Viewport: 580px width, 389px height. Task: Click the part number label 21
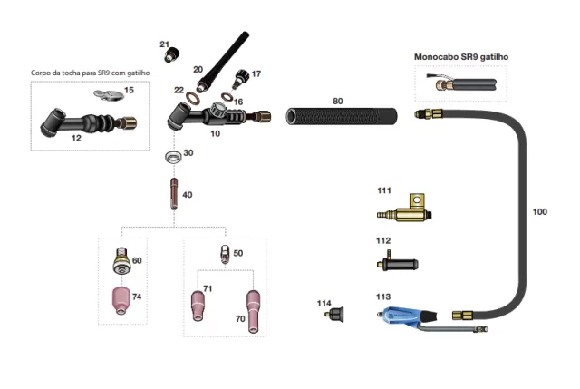[x=164, y=44]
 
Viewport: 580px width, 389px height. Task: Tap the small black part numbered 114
[x=338, y=316]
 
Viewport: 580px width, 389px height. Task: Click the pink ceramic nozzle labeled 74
[x=120, y=300]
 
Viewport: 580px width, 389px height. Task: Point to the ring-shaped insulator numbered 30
[x=170, y=158]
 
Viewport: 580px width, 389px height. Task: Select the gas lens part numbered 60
[x=119, y=261]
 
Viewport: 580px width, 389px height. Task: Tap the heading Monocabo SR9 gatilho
[x=460, y=57]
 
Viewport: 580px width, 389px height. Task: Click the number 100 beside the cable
[x=539, y=212]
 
